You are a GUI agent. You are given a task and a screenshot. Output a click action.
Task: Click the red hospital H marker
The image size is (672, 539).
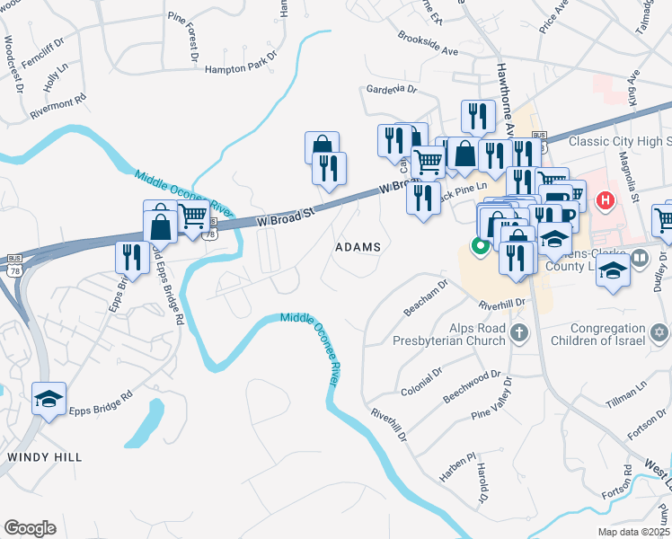coord(606,199)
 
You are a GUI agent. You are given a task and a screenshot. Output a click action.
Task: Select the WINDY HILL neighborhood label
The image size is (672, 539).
coord(44,457)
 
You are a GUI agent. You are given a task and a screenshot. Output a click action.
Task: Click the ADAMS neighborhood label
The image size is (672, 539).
coord(358,247)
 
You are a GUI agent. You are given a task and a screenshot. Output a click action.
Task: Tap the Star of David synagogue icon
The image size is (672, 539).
coord(659,334)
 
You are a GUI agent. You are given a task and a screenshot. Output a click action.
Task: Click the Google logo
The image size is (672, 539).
coord(30,528)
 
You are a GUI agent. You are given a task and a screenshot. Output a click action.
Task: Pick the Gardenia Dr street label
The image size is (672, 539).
coord(391,89)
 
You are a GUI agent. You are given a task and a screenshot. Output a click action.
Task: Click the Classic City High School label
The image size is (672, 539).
coord(620,142)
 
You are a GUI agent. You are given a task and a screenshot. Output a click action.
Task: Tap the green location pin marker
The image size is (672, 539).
coord(480,245)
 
